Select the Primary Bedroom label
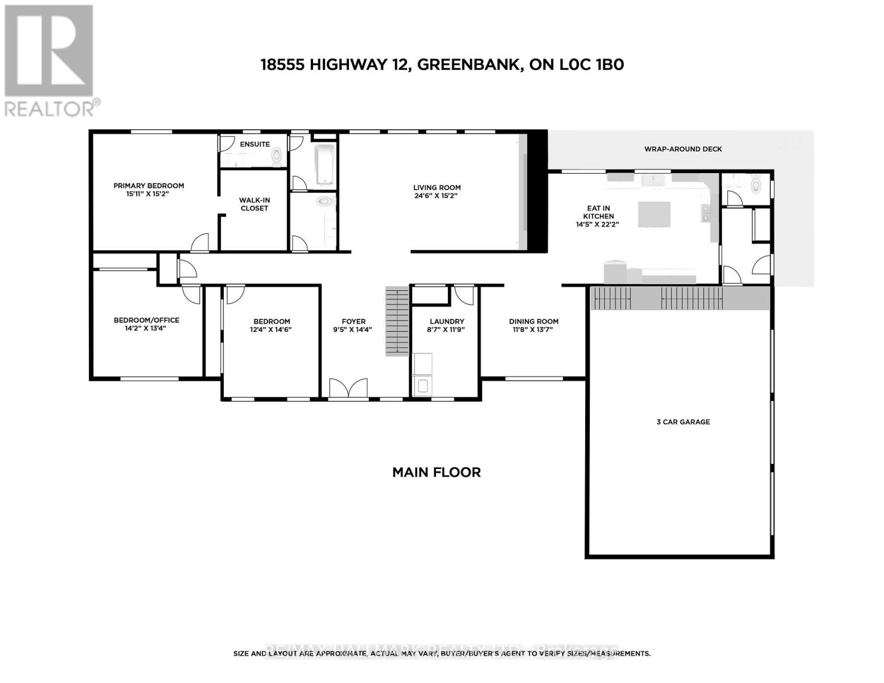click(x=149, y=186)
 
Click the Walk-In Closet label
click(x=254, y=204)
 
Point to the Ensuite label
click(x=254, y=145)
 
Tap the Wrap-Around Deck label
click(x=682, y=149)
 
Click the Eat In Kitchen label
click(x=598, y=212)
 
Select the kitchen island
click(x=654, y=214)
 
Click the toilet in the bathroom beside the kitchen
click(x=755, y=185)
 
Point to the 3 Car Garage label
click(x=683, y=422)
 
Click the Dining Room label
click(x=533, y=322)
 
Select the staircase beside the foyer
click(x=397, y=321)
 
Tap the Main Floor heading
click(x=436, y=472)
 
